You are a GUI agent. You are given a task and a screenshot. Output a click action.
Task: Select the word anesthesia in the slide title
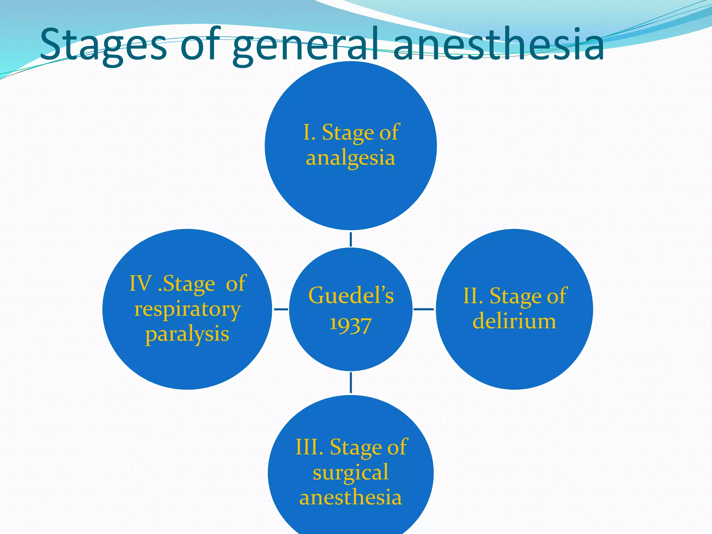[x=499, y=45]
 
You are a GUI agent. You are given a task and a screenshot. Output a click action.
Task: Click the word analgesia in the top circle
[x=350, y=159]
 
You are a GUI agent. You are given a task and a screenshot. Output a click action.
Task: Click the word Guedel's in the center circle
[x=351, y=296]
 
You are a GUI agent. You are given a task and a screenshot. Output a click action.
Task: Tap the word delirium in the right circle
[x=514, y=321]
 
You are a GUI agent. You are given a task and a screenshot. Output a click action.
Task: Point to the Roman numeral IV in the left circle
[x=140, y=283]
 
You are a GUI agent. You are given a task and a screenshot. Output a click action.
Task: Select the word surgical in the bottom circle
[x=350, y=473]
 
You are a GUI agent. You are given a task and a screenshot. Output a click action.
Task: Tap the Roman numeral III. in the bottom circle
[x=309, y=447]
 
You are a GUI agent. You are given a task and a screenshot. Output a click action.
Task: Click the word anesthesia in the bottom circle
[x=350, y=497]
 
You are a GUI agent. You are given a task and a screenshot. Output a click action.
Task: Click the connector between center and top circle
[x=350, y=239]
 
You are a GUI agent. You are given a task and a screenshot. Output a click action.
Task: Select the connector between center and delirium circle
[x=424, y=309]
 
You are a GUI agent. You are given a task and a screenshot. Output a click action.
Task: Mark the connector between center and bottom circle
[x=350, y=382]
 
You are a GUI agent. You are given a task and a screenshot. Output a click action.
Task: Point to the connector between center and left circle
[x=281, y=309]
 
